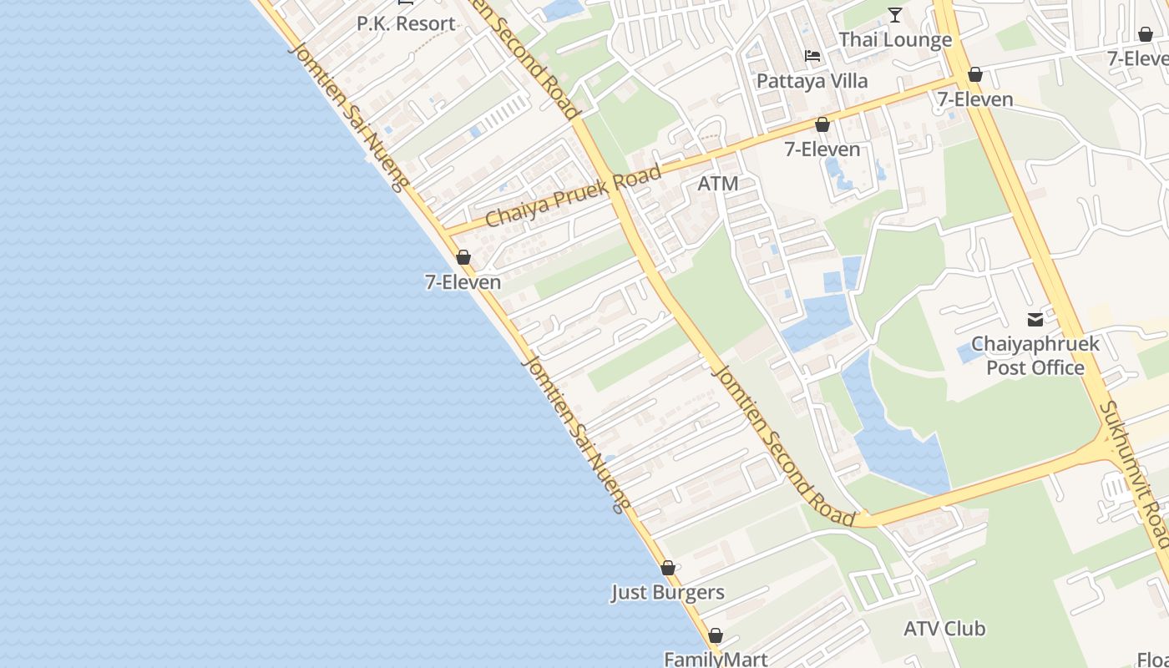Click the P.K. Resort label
coord(406,23)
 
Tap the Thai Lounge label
coord(895,39)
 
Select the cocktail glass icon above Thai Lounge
coord(895,14)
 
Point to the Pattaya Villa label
coord(812,81)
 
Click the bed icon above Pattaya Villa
coord(812,57)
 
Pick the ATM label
coord(718,184)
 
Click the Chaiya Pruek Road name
coord(573,196)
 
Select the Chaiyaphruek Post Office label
coord(1035,356)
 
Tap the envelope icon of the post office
coord(1035,319)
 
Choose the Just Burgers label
coord(667,593)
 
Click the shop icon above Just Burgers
coord(668,569)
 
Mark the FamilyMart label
coord(716,659)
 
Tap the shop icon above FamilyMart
coord(716,635)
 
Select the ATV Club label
coord(944,628)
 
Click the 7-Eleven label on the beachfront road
coord(463,282)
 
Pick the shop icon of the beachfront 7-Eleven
coord(463,257)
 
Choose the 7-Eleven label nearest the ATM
coord(822,149)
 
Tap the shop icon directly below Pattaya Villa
coord(822,125)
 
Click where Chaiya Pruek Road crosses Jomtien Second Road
coord(619,195)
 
